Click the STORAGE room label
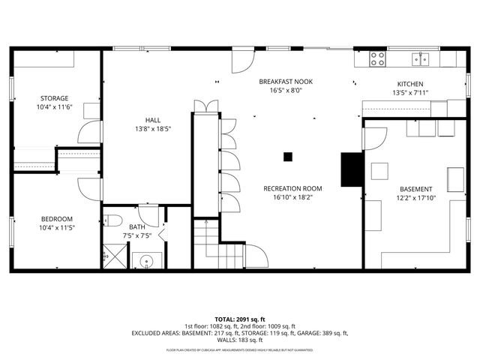point(54,98)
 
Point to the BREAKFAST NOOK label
point(286,81)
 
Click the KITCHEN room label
point(409,84)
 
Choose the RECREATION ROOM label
point(292,188)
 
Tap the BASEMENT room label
point(415,189)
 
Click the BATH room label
point(136,226)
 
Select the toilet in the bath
point(113,220)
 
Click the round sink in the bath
point(146,261)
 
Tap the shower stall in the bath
point(113,256)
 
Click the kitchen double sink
point(421,59)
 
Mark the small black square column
point(287,157)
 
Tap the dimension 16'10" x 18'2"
point(292,198)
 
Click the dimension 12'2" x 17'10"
point(415,199)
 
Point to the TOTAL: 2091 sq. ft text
point(240,319)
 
